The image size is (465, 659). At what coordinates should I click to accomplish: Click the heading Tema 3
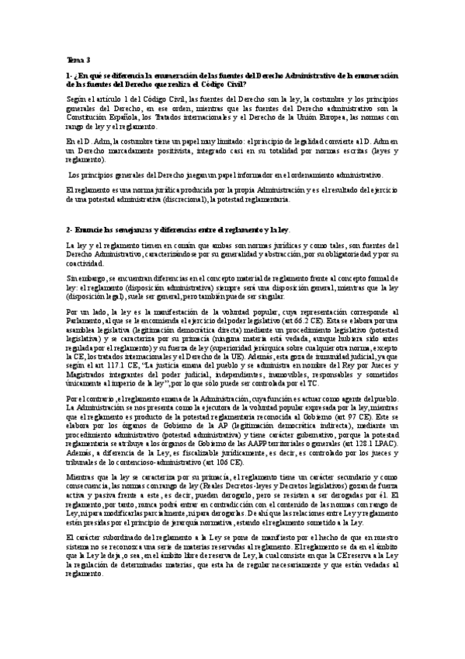(78, 60)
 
